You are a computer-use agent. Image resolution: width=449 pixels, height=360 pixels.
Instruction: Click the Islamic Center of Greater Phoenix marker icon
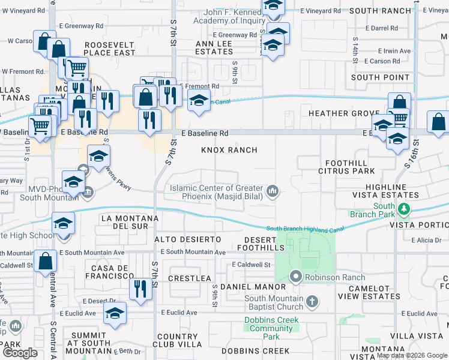pos(273,192)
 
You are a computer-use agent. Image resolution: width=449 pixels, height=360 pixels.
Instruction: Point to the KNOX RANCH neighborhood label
pos(229,150)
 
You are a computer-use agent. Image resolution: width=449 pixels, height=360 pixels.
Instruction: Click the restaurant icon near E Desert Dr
pos(138,289)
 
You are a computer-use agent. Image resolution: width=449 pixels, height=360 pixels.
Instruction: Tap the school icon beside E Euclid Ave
pos(115,313)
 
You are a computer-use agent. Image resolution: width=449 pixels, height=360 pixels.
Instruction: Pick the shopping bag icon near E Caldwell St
pos(45,262)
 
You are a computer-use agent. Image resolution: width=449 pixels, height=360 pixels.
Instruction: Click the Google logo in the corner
pos(20,352)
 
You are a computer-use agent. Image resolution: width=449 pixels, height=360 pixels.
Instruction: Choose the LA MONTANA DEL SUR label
pos(130,221)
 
